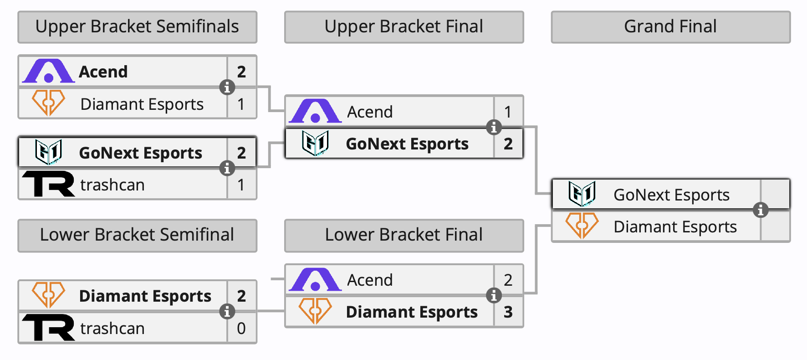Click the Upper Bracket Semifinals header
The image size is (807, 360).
[137, 27]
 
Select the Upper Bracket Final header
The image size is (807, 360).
[404, 27]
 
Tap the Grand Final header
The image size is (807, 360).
[671, 27]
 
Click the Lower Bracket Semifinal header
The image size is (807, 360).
[137, 236]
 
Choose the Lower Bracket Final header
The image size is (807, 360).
[404, 236]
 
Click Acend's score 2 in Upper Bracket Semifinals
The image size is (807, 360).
[241, 72]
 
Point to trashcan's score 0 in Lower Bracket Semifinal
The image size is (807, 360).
[241, 328]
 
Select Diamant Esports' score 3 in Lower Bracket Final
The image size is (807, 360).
[508, 312]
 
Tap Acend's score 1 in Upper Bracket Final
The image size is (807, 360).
[508, 112]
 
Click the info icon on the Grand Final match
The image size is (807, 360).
[761, 210]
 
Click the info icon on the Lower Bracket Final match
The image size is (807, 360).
[494, 295]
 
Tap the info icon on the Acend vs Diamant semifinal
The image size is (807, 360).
[227, 87]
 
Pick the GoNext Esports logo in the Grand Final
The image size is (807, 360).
[582, 194]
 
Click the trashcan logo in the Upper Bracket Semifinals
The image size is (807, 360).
[48, 184]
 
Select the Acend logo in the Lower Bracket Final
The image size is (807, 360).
[315, 279]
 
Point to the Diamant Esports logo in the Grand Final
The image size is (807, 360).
[582, 226]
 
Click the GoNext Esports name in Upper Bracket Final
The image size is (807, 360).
[407, 144]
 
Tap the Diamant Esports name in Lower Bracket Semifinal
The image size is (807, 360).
[145, 296]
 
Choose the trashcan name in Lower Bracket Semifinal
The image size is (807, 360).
[112, 328]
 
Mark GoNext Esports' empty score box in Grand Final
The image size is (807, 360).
[775, 195]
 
